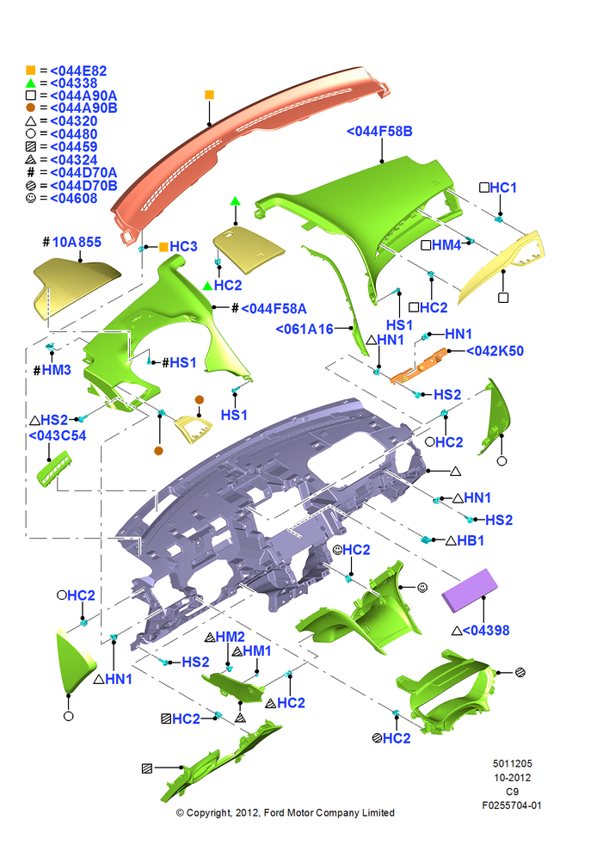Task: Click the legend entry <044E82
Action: tap(78, 71)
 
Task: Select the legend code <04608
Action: tap(74, 199)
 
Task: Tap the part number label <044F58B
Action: tap(379, 131)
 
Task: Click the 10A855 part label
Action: tap(77, 242)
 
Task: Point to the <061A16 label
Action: tap(304, 329)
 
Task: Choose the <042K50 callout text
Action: tap(495, 351)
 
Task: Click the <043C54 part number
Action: tap(58, 435)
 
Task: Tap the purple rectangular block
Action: tap(470, 590)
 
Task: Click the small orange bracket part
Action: tap(419, 367)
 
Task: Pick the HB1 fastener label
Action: tap(471, 540)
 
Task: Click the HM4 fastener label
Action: tap(446, 245)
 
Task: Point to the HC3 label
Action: tap(183, 246)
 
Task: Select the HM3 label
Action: tap(57, 370)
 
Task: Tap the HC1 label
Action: tap(503, 188)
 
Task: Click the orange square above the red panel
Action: tap(209, 96)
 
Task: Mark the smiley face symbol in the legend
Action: tap(31, 198)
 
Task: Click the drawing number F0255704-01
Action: tap(512, 805)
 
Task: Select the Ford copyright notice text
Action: tap(285, 813)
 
